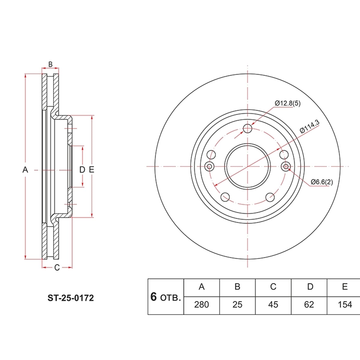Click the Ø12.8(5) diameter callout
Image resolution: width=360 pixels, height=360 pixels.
pos(288,103)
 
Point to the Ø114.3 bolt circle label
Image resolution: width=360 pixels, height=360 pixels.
pos(310,127)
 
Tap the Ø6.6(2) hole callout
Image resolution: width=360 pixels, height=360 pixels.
pos(322,182)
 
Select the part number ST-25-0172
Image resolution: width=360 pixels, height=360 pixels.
pos(70,298)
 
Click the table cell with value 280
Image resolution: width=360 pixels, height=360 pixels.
pos(201,305)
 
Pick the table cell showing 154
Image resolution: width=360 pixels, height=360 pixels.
pos(345,305)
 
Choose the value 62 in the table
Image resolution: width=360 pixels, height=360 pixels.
pos(309,305)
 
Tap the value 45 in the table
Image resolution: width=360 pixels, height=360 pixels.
pos(273,305)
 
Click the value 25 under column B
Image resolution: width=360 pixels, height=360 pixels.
pos(237,305)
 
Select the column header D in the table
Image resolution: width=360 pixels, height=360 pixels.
pos(310,286)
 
